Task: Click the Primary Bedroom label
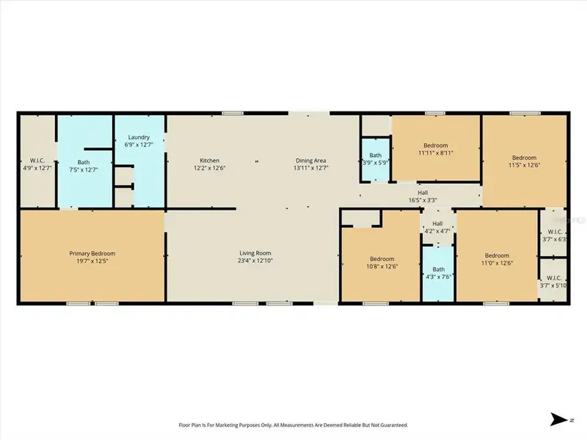(x=92, y=254)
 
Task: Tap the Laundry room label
(x=139, y=137)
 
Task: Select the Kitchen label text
(x=210, y=161)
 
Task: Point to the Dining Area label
(x=310, y=161)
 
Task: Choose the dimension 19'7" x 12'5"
(x=92, y=262)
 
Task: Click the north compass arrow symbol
(x=558, y=420)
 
